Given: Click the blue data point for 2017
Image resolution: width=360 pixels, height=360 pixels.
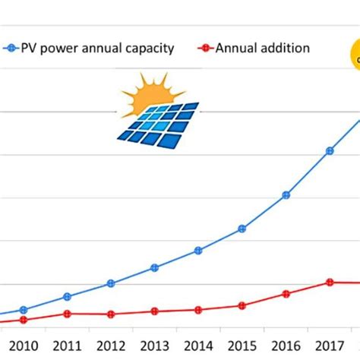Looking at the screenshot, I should click(330, 151).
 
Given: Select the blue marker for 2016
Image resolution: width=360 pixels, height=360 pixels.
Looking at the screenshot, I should click(286, 195).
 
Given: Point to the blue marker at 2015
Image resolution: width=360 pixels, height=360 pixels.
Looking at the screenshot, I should click(242, 229).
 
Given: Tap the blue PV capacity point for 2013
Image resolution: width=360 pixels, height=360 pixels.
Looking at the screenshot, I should click(154, 267).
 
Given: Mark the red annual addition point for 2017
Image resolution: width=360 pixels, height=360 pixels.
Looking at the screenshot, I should click(330, 282).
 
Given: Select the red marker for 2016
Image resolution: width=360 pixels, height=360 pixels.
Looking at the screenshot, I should click(286, 293).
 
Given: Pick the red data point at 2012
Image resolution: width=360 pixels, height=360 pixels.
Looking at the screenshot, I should click(111, 314).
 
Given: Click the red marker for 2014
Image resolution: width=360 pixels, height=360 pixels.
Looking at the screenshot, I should click(198, 310).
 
